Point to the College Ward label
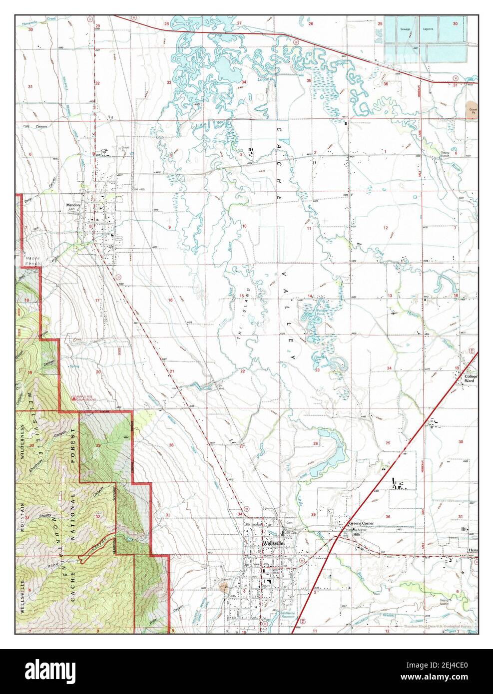(471, 378)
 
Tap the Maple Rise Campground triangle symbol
(73, 398)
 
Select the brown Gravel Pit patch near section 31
(471, 109)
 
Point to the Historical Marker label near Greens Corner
(356, 531)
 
